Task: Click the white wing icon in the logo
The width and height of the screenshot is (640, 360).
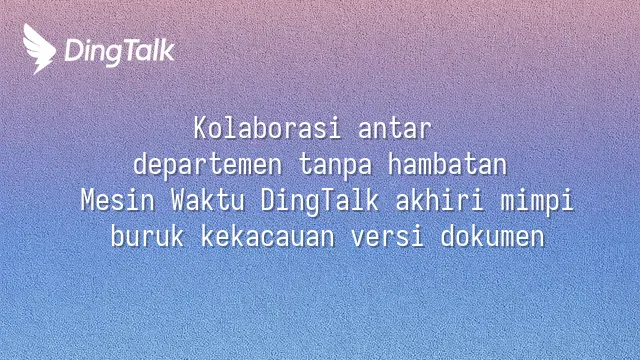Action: pos(39,49)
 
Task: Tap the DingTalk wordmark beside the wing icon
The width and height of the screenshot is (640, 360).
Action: pos(120,52)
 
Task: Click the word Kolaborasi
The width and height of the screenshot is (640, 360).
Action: pos(267,128)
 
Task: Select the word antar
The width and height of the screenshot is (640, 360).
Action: pos(395,129)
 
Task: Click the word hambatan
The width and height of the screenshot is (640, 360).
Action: pos(447,164)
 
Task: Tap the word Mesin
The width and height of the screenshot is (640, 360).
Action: pos(118,200)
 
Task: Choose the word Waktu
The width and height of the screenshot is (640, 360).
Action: pos(208,200)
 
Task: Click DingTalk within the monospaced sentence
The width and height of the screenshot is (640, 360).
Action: pos(320,202)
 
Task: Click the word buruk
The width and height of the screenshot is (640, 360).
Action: pos(147,236)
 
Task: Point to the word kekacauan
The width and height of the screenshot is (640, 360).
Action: pos(268,236)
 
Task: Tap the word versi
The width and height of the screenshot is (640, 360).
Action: pos(388,237)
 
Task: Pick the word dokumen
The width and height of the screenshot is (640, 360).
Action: pos(493,236)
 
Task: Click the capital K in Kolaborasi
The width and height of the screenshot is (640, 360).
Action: pos(200,128)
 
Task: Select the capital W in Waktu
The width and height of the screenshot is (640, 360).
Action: pos(178,200)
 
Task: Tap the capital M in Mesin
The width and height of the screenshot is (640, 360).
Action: pos(88,200)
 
